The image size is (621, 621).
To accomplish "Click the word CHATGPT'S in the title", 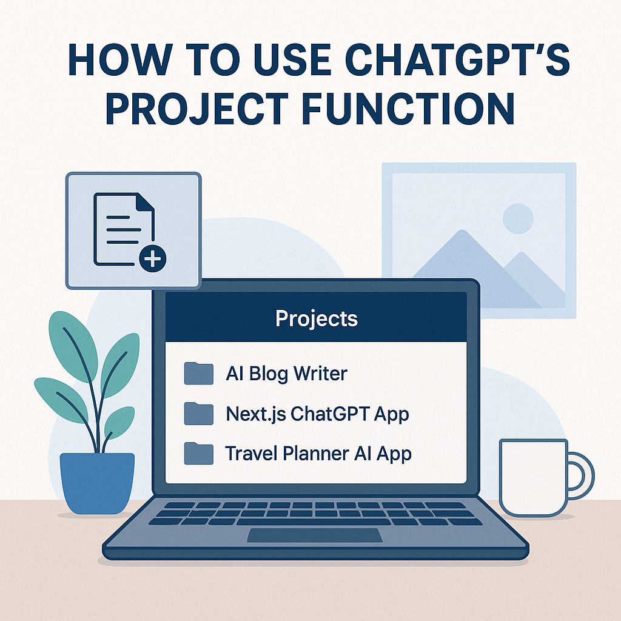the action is pyautogui.click(x=457, y=60).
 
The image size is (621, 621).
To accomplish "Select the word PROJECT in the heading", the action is pyautogui.click(x=197, y=109).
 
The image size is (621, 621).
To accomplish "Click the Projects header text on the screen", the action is pyautogui.click(x=317, y=319).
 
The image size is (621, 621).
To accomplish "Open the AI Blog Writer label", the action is pyautogui.click(x=286, y=374).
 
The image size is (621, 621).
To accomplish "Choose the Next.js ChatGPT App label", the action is pyautogui.click(x=317, y=414).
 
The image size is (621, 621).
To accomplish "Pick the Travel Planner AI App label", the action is pyautogui.click(x=318, y=454).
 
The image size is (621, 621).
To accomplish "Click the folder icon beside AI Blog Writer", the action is pyautogui.click(x=199, y=374).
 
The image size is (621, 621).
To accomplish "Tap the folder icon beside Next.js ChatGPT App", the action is pyautogui.click(x=199, y=414).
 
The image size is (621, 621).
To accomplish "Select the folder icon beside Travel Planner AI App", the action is pyautogui.click(x=199, y=454).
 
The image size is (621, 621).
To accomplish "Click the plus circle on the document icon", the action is pyautogui.click(x=152, y=259).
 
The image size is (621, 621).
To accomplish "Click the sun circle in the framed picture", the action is pyautogui.click(x=518, y=218).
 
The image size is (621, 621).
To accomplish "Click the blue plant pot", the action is pyautogui.click(x=98, y=483).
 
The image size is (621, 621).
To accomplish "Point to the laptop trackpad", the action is pyautogui.click(x=315, y=535).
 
